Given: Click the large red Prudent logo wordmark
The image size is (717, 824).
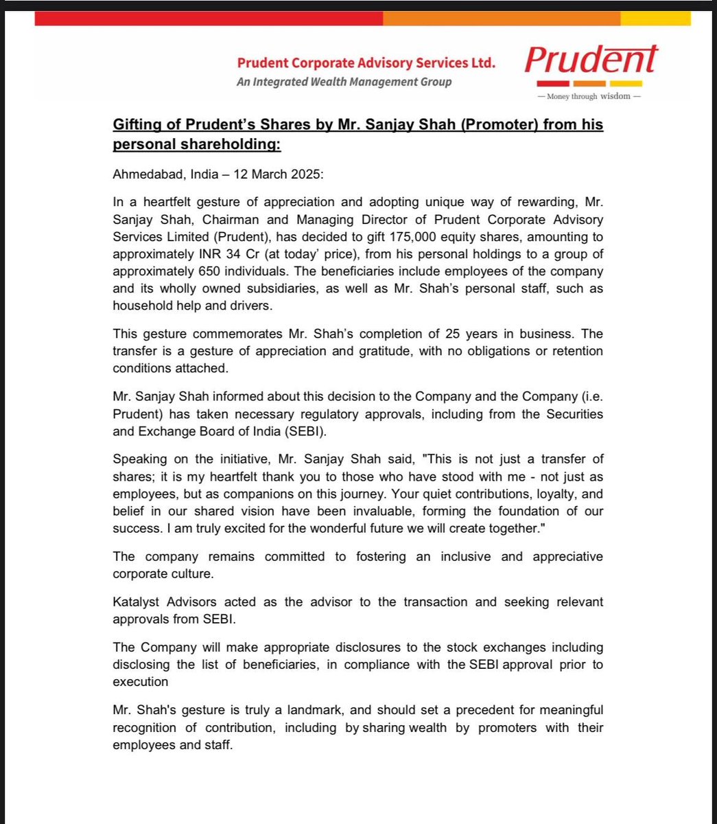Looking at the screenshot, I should point(591,61).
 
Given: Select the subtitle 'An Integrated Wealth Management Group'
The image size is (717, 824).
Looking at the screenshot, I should point(344,82).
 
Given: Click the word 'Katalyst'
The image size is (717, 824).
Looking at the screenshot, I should point(138,602).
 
